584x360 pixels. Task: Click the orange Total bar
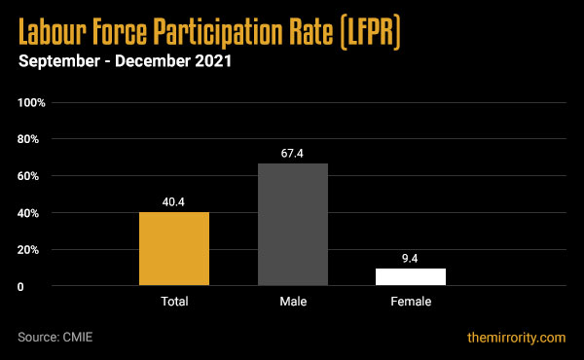(x=174, y=249)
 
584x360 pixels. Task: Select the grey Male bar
(x=292, y=225)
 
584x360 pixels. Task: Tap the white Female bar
(x=410, y=276)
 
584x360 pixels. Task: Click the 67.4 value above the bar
(x=292, y=154)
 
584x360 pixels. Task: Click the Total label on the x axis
(x=174, y=303)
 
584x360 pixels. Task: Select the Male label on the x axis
(x=292, y=303)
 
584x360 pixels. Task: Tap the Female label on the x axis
(x=410, y=303)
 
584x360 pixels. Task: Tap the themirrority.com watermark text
(x=515, y=338)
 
